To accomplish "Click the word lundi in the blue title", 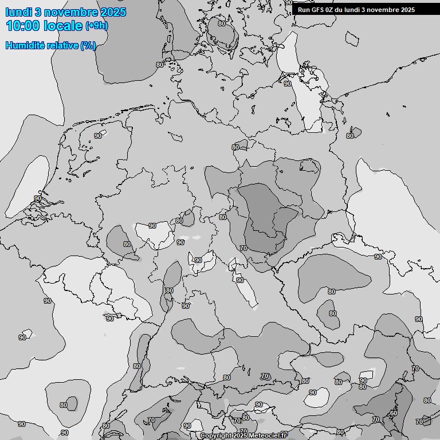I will [19, 12].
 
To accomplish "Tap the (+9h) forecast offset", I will [96, 26].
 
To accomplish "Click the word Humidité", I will [25, 45].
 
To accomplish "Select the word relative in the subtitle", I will [62, 45].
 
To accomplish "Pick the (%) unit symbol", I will [88, 45].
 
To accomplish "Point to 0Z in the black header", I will [329, 10].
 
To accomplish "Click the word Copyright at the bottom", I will [216, 436].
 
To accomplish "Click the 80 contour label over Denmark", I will [222, 23].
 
